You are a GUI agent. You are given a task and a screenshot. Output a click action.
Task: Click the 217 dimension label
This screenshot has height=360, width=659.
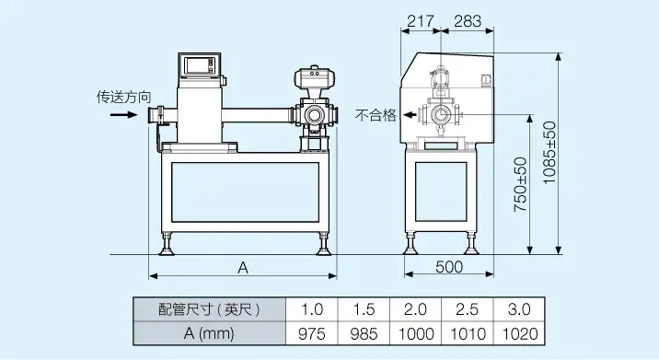point(421,20)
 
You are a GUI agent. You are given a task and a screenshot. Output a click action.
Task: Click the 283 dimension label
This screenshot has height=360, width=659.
point(468,20)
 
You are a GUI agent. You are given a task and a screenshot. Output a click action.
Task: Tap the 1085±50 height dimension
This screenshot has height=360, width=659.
point(549,153)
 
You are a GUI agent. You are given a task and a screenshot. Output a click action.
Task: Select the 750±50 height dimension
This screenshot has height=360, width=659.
point(520,184)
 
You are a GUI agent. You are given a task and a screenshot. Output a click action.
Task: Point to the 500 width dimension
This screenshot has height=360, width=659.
point(449,267)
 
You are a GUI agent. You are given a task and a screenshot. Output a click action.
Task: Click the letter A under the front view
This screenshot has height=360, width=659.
point(243,268)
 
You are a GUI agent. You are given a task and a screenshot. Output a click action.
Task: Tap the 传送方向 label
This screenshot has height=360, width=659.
point(123,98)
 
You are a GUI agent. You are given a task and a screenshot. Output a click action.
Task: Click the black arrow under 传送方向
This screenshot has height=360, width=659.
point(123,114)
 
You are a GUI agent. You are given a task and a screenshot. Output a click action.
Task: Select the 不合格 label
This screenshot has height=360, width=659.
point(376,115)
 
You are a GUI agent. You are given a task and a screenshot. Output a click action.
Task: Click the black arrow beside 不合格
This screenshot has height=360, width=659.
point(410,114)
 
